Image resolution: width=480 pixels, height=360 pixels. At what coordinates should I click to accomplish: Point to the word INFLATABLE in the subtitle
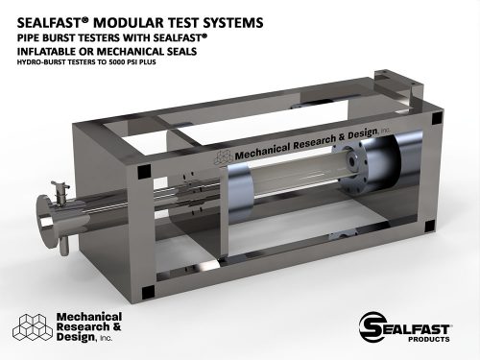pos(52,51)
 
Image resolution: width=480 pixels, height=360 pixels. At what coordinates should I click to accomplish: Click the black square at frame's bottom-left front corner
pos(143,291)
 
